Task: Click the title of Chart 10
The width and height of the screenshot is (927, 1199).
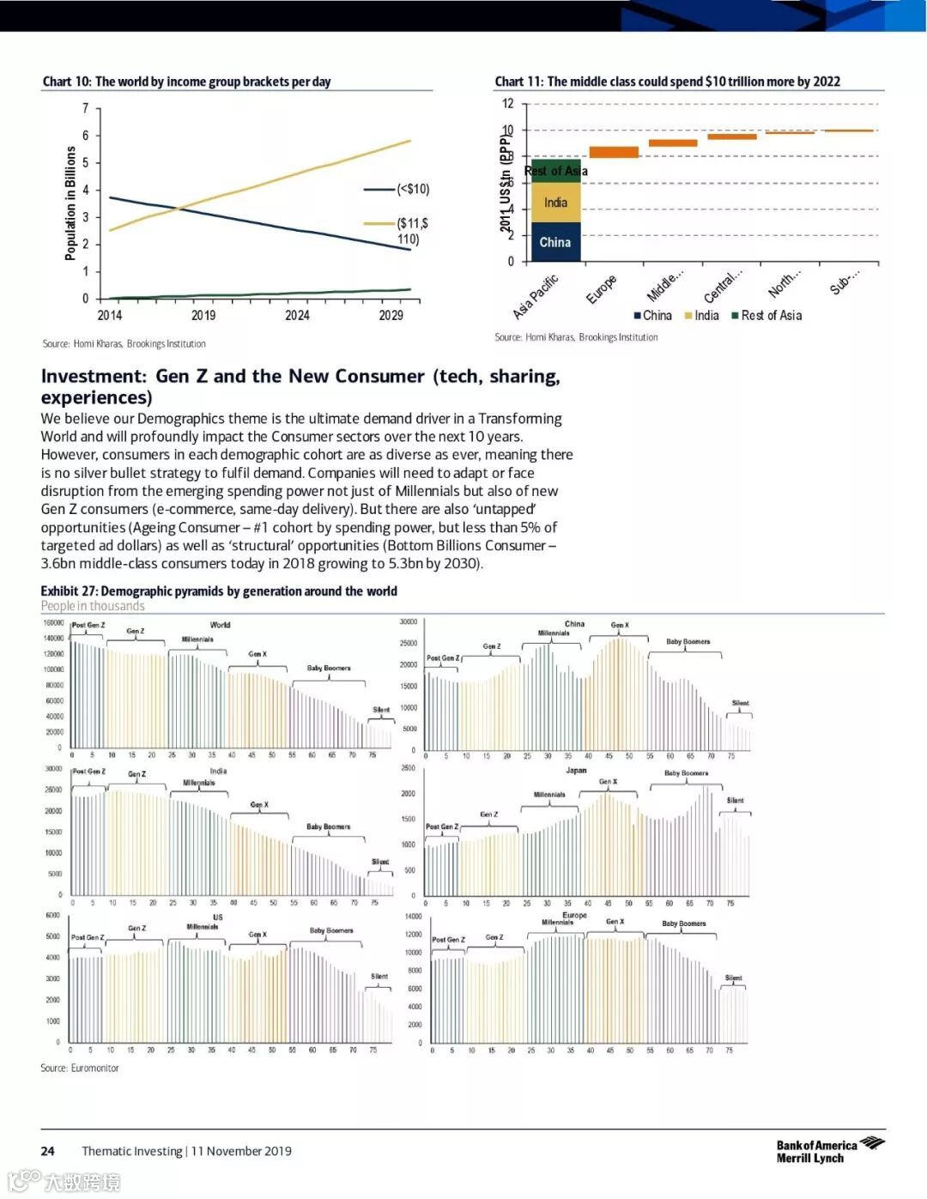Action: tap(186, 82)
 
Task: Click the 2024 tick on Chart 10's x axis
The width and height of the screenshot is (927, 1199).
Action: tap(297, 315)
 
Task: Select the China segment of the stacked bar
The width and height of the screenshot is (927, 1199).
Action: tap(555, 242)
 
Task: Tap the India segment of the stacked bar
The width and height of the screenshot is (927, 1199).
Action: tap(555, 203)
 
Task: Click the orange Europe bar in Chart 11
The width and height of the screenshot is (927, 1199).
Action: tap(614, 152)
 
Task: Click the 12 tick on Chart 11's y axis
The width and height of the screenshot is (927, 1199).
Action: tap(508, 104)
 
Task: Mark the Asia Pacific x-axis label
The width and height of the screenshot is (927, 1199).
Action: tap(536, 296)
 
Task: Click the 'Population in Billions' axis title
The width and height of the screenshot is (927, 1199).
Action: tap(70, 203)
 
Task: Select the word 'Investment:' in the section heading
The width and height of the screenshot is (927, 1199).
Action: tap(94, 376)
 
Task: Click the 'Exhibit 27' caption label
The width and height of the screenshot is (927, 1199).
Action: tap(70, 591)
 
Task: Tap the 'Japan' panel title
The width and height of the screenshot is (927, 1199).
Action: tap(576, 770)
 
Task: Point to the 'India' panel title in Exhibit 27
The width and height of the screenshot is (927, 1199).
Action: tap(219, 771)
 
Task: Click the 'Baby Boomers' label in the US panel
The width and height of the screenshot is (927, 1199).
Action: tap(331, 930)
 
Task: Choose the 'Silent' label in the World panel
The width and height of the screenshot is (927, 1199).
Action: tap(381, 710)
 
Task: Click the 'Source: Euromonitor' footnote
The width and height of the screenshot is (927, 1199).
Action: tap(80, 1069)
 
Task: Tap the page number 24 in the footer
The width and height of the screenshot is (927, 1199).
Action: tap(48, 1151)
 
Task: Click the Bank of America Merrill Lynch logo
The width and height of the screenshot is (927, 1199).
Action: tap(829, 1151)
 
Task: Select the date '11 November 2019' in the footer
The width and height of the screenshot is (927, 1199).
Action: tap(241, 1151)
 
